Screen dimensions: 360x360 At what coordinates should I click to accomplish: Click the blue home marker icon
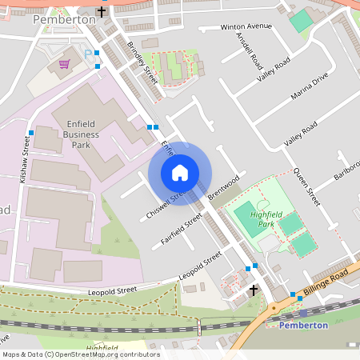point(180,173)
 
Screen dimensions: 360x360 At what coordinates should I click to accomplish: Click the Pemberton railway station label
point(304,326)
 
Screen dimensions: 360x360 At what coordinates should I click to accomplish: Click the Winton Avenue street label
point(246,26)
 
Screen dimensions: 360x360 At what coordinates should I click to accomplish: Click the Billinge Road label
point(326,286)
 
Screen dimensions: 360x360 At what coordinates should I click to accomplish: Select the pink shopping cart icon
point(65,62)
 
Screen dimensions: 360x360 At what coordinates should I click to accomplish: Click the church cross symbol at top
point(101,12)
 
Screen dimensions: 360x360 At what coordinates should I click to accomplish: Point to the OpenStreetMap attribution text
point(80,354)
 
